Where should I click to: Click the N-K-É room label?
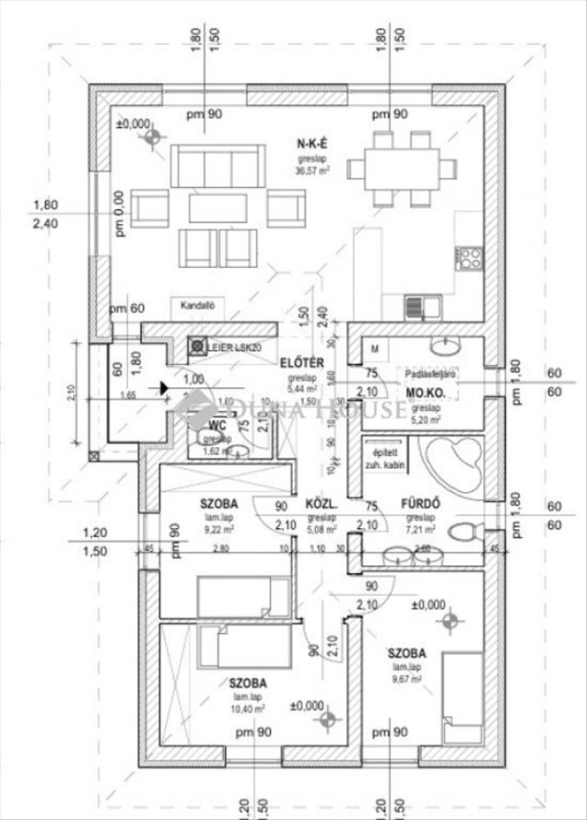point(312,144)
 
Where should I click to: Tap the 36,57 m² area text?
point(312,171)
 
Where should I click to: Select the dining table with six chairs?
point(400,169)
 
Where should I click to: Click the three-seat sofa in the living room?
point(218,166)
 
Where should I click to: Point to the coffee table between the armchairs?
point(217,207)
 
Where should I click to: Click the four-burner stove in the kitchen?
point(470,258)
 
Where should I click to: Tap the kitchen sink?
point(422,307)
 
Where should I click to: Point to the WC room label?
point(217,425)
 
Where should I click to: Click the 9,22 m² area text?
point(219,529)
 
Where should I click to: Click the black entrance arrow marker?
point(165,385)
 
